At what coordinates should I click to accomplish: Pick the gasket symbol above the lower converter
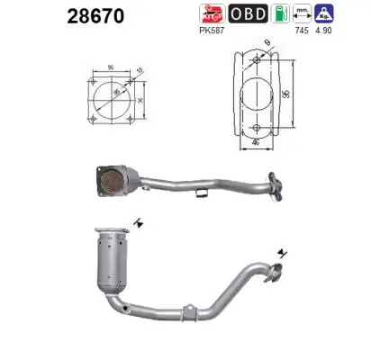point(136,220)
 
